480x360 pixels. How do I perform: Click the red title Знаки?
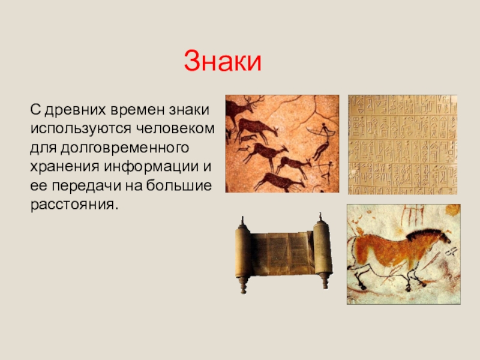(x=223, y=61)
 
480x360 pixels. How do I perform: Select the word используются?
(x=81, y=129)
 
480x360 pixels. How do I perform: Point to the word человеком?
(x=175, y=128)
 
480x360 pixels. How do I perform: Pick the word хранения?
(x=65, y=167)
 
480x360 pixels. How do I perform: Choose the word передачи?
(x=86, y=186)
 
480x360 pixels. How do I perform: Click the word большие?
(x=179, y=185)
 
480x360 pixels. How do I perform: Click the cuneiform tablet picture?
(x=403, y=145)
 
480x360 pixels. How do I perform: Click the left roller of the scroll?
(x=244, y=254)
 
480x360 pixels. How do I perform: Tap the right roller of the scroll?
(x=322, y=251)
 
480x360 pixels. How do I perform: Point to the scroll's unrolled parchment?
(x=282, y=253)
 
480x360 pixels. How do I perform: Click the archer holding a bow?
(x=323, y=132)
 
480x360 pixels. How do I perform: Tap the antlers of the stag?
(x=254, y=100)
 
